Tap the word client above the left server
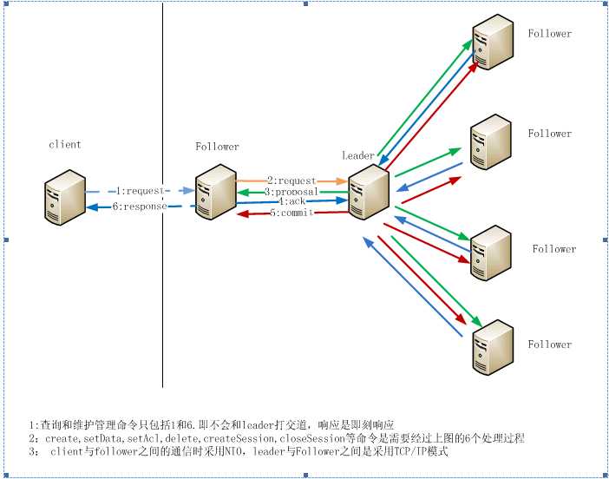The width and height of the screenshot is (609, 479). click(65, 144)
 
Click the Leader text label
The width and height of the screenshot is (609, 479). click(357, 156)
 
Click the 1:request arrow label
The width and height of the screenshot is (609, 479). click(141, 190)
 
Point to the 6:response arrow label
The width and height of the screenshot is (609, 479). click(140, 207)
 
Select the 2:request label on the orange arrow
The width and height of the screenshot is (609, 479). click(291, 180)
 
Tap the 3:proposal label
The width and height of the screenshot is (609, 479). click(291, 191)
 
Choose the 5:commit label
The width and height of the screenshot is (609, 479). click(291, 213)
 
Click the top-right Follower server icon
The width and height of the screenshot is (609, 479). click(493, 40)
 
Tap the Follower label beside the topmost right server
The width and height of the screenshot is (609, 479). click(550, 34)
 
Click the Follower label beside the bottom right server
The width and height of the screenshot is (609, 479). click(550, 344)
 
